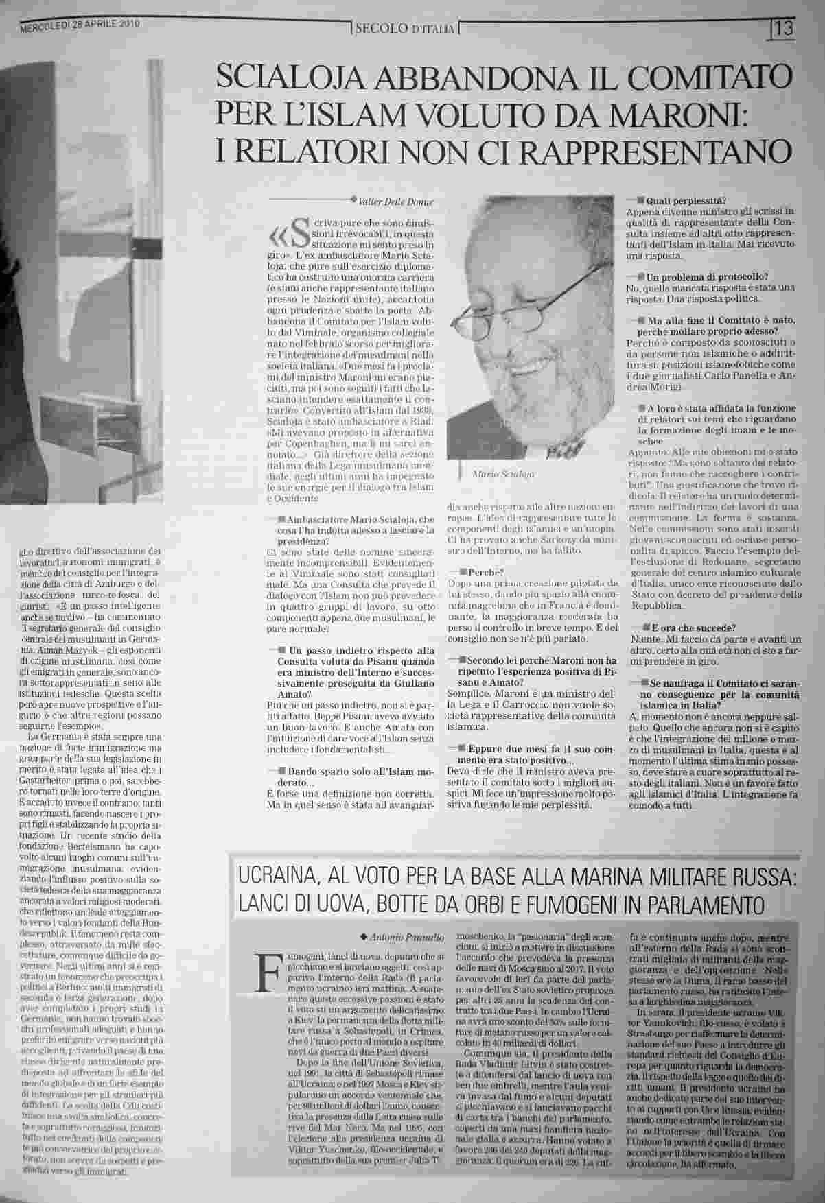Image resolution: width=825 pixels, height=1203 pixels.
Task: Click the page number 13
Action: (x=784, y=29)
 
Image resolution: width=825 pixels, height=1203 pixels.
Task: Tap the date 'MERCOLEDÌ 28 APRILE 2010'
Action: (x=80, y=25)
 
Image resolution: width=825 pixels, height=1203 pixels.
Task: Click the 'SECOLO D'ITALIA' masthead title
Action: (x=404, y=29)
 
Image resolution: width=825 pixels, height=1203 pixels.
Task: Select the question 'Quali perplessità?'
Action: (x=682, y=200)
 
